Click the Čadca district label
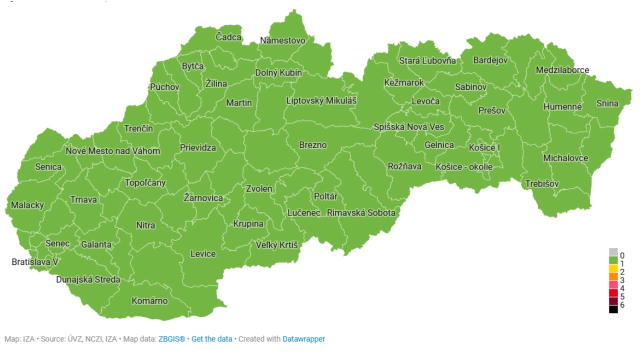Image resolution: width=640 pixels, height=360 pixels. tap(228, 37)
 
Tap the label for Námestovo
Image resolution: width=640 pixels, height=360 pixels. tap(282, 40)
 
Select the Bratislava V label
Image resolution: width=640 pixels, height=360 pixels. tap(35, 262)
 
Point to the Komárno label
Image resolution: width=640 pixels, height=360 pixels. tap(149, 301)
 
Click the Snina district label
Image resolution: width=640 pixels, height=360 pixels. tap(607, 103)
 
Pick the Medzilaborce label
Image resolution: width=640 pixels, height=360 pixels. tap(562, 70)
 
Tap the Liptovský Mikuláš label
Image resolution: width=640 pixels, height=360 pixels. tap(321, 100)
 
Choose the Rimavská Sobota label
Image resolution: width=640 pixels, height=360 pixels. tap(361, 212)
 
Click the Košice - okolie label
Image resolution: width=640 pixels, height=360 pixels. tap(464, 166)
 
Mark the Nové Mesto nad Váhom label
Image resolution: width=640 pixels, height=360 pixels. tap(113, 151)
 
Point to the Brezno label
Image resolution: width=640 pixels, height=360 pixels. tap(313, 145)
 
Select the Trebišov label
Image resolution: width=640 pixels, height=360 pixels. tap(542, 184)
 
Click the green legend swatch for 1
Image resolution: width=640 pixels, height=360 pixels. tap(613, 260)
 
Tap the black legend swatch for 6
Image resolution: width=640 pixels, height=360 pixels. tap(613, 309)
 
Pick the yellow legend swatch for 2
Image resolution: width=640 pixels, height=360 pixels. tap(613, 268)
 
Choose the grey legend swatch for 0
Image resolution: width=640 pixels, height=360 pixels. tap(613, 252)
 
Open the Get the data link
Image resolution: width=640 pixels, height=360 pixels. tap(211, 339)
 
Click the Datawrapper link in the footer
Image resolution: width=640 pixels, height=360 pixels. tap(303, 339)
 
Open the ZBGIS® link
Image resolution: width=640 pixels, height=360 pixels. tap(171, 339)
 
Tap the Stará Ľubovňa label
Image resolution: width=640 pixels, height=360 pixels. tap(427, 60)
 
